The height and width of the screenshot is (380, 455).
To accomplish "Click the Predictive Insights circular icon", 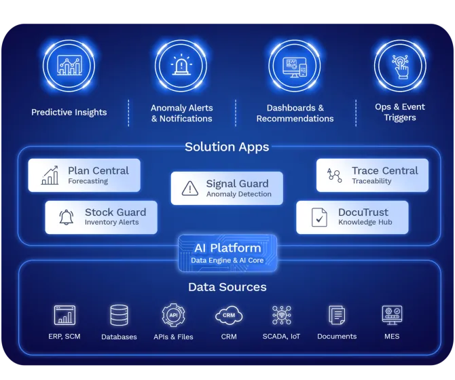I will coord(69,66).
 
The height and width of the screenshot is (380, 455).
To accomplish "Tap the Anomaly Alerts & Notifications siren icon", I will coord(181,66).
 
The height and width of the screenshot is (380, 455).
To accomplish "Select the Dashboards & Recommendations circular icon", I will coord(295,66).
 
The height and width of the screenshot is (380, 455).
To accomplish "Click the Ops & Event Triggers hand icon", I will coord(400,66).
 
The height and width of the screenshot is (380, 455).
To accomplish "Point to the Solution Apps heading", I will coord(227,147).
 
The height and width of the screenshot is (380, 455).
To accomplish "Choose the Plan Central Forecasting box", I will coord(84,175).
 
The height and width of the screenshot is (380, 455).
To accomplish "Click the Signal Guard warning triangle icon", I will coord(191,189).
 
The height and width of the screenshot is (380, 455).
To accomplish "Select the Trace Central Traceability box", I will coord(372,175).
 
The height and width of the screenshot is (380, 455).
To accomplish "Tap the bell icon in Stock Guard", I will coord(67,217).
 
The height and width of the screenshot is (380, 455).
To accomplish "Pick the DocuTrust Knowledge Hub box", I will coord(352,217).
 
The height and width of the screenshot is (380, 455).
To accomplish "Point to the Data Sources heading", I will coord(227,287).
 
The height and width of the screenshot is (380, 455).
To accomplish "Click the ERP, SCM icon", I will coord(65,316).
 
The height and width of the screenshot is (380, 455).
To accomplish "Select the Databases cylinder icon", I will coord(119,316).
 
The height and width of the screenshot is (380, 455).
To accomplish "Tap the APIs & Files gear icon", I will coord(173,316).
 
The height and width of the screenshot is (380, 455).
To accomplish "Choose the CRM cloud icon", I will coord(229,316).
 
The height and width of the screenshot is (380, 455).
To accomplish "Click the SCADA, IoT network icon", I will coord(282,316).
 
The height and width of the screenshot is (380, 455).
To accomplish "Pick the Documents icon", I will coord(337,316).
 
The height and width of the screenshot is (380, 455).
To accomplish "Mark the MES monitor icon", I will coord(392,315).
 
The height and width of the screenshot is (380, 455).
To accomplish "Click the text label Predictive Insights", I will coord(69,112).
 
